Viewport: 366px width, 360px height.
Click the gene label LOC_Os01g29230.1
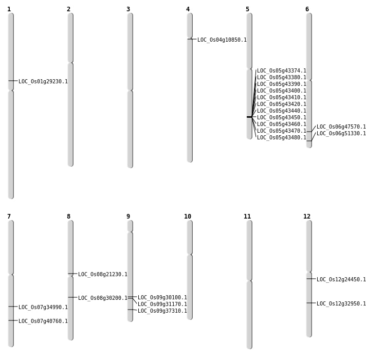click(43, 81)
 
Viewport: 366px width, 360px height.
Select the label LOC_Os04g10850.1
click(222, 40)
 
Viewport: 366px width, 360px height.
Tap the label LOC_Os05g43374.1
click(282, 71)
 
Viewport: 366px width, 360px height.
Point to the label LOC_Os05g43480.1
click(282, 137)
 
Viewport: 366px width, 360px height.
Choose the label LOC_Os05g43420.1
click(282, 104)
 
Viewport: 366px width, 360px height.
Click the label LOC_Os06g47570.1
click(341, 127)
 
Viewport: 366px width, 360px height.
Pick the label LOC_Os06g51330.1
click(341, 133)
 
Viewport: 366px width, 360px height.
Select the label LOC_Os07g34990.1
click(43, 307)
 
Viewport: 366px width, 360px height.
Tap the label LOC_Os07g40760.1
click(43, 321)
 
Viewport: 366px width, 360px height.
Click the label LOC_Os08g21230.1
click(103, 274)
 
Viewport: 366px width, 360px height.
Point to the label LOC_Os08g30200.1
click(103, 298)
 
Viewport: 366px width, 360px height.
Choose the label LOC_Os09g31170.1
click(162, 304)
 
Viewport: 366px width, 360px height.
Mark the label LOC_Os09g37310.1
click(162, 311)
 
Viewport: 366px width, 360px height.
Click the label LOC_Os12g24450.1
click(341, 279)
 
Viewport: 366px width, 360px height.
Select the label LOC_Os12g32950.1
click(341, 303)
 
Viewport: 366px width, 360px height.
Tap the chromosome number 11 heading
click(247, 217)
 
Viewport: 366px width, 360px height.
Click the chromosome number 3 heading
click(128, 9)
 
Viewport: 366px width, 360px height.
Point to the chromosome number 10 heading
click(188, 217)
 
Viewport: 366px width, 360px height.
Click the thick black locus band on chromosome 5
click(249, 117)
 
